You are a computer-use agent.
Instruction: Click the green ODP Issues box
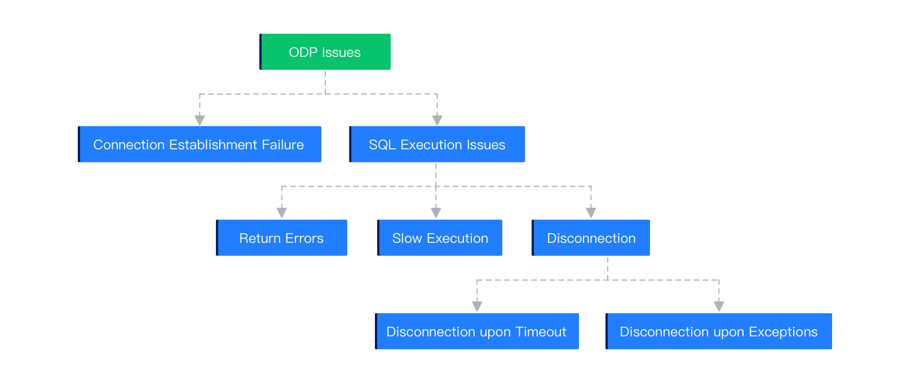(x=325, y=52)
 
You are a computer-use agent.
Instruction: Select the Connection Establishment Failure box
(x=200, y=144)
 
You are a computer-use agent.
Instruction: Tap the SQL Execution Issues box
(x=437, y=144)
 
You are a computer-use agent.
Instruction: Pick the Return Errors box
(x=281, y=238)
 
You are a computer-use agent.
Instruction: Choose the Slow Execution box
(x=440, y=238)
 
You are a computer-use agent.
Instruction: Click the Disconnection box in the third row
(x=591, y=238)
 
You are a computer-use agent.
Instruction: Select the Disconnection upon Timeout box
(x=476, y=331)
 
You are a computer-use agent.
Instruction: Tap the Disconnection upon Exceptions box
(x=718, y=331)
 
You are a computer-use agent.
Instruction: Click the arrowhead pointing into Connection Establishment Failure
(x=200, y=120)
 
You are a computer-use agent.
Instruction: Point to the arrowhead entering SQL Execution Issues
(x=437, y=120)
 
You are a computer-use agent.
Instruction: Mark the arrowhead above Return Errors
(x=282, y=212)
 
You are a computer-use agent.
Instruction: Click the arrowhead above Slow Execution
(x=436, y=212)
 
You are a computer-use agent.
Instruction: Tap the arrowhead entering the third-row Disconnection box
(x=591, y=212)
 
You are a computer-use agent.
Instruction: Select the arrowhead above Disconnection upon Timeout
(x=477, y=306)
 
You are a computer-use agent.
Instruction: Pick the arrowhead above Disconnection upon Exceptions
(x=719, y=306)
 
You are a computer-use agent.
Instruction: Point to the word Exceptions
(x=783, y=332)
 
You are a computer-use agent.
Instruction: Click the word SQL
(x=382, y=145)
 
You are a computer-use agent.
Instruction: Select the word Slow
(x=407, y=238)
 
